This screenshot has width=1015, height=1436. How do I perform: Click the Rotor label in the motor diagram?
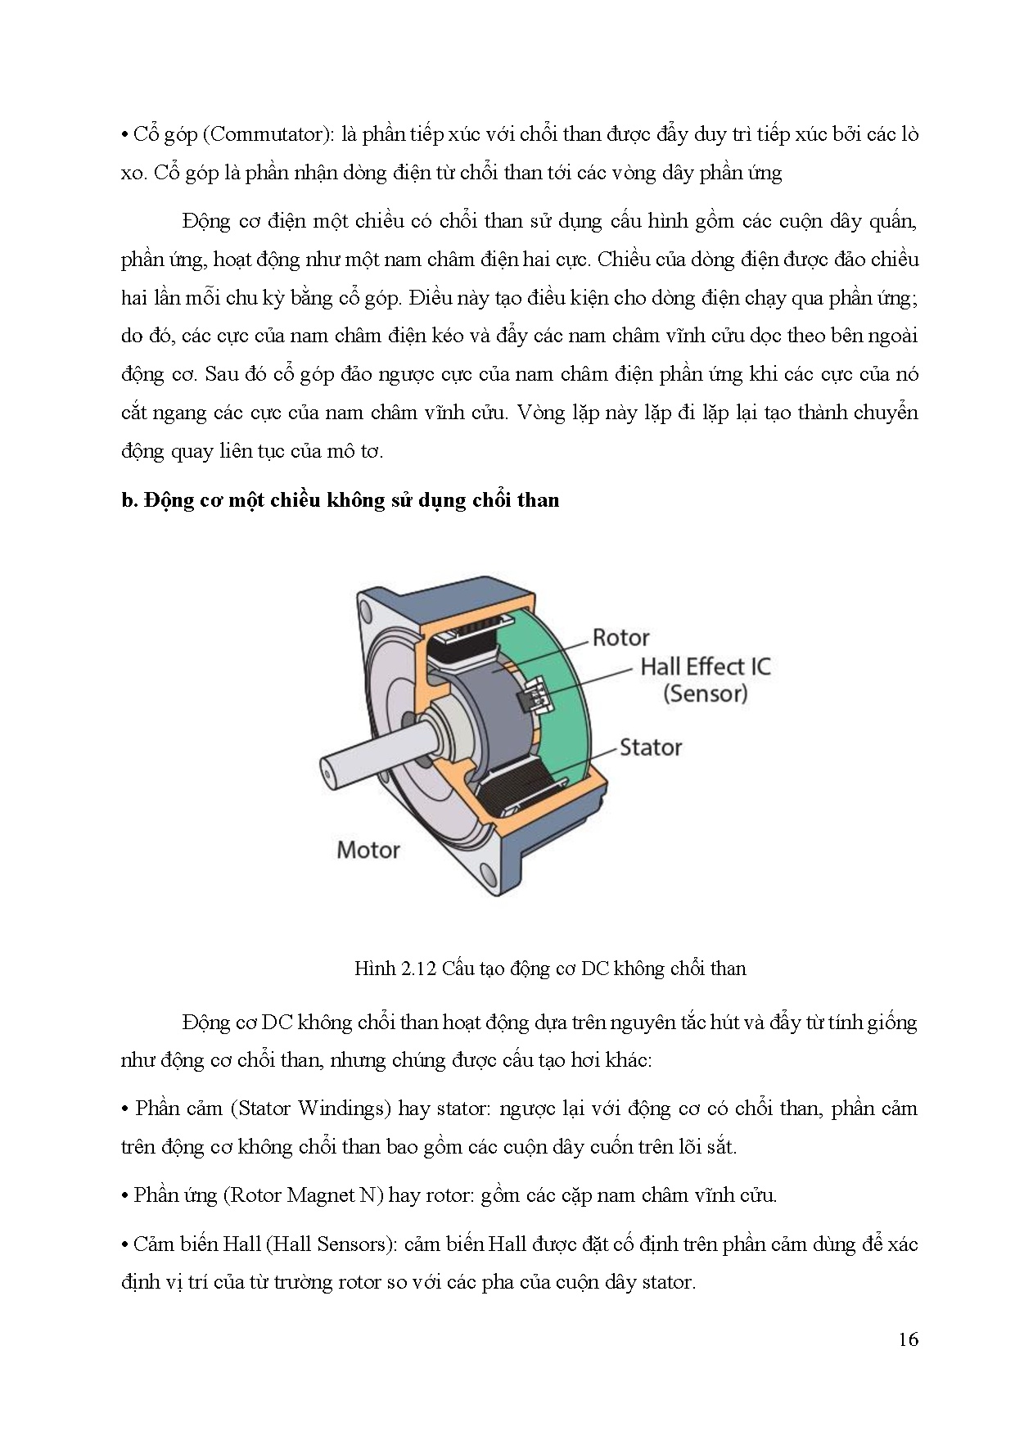click(620, 637)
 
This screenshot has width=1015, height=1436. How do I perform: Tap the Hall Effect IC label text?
click(705, 666)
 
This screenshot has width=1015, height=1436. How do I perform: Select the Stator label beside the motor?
click(650, 747)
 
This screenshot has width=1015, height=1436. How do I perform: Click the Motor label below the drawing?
click(368, 849)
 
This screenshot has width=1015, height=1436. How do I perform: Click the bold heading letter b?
click(129, 500)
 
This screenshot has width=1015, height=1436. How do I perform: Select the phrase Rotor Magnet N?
click(303, 1195)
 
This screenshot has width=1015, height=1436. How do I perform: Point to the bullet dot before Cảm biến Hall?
click(124, 1244)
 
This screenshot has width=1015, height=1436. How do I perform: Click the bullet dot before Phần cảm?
click(124, 1109)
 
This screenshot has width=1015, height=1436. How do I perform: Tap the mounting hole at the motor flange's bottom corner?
click(490, 881)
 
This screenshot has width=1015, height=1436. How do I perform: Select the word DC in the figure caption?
click(592, 969)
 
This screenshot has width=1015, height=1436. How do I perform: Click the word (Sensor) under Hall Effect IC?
click(705, 693)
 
